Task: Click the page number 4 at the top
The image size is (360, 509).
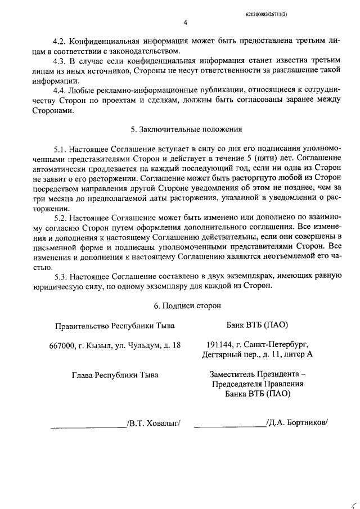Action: click(185, 23)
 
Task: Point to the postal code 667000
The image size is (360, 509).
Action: click(63, 345)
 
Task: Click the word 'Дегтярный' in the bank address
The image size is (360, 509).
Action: click(222, 355)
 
